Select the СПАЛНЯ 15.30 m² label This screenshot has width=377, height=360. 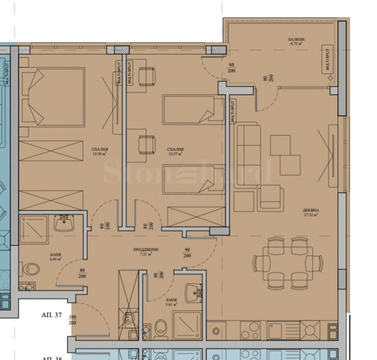pos(99,151)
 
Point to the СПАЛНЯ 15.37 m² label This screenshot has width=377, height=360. pos(174,151)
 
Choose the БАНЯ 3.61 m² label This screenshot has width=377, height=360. pos(172,302)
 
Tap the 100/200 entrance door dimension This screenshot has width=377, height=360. pos(73,320)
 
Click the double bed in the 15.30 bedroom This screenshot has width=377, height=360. pos(53,97)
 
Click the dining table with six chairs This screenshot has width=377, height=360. pos(287,263)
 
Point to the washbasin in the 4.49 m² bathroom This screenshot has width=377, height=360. pos(63,223)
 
